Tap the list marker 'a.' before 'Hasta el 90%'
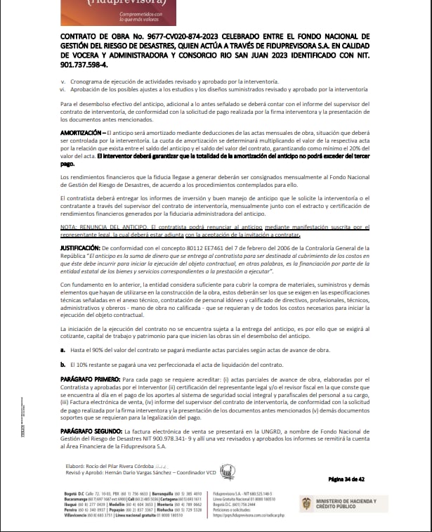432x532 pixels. tap(63, 349)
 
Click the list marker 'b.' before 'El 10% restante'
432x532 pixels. tap(63, 364)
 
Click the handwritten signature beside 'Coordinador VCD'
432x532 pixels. tap(228, 470)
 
